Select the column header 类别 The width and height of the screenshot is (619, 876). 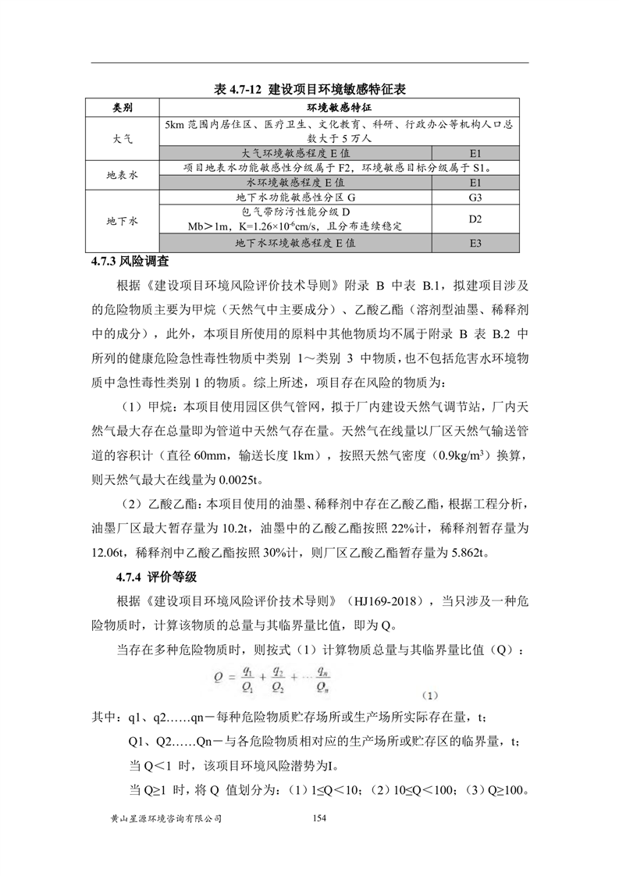pyautogui.click(x=123, y=107)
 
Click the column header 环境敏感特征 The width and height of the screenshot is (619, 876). pyautogui.click(x=338, y=107)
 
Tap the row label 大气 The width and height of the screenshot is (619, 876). pyautogui.click(x=123, y=138)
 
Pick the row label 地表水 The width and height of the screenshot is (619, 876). pyautogui.click(x=123, y=175)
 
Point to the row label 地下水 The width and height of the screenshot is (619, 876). pyautogui.click(x=123, y=221)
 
